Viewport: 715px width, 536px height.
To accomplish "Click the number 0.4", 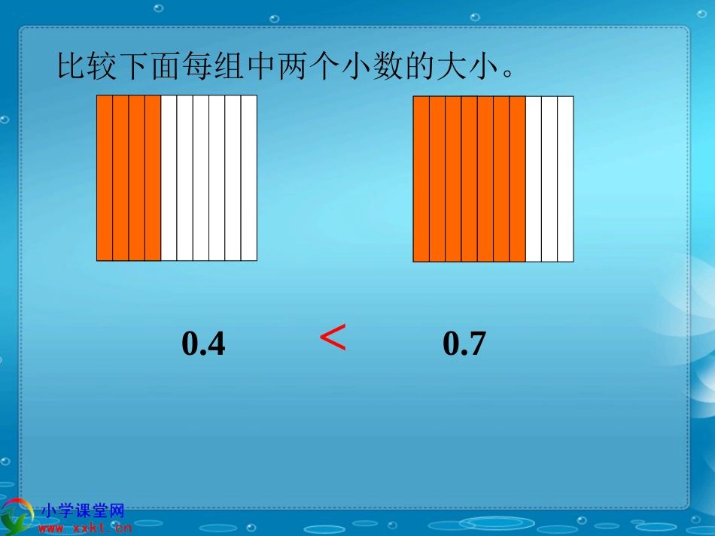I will (x=204, y=344).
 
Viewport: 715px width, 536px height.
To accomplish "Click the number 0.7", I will (x=464, y=344).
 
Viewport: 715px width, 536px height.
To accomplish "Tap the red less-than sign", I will (x=333, y=338).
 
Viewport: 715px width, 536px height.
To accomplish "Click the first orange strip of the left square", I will (x=105, y=178).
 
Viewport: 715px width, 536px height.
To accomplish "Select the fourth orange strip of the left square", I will (x=153, y=178).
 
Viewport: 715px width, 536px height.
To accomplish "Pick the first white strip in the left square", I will (x=169, y=178).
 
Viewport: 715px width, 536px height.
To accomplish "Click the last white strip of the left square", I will (x=249, y=178).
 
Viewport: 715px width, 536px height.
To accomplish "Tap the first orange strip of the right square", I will (x=421, y=179).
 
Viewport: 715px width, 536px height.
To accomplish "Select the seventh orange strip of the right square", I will (x=517, y=179).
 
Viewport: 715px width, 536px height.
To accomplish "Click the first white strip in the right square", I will (x=533, y=179).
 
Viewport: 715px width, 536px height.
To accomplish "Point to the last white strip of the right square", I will (x=565, y=179).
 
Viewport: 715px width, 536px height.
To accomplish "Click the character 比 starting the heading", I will (x=71, y=68).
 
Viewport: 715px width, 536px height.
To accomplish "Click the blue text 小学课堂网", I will (x=83, y=511).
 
